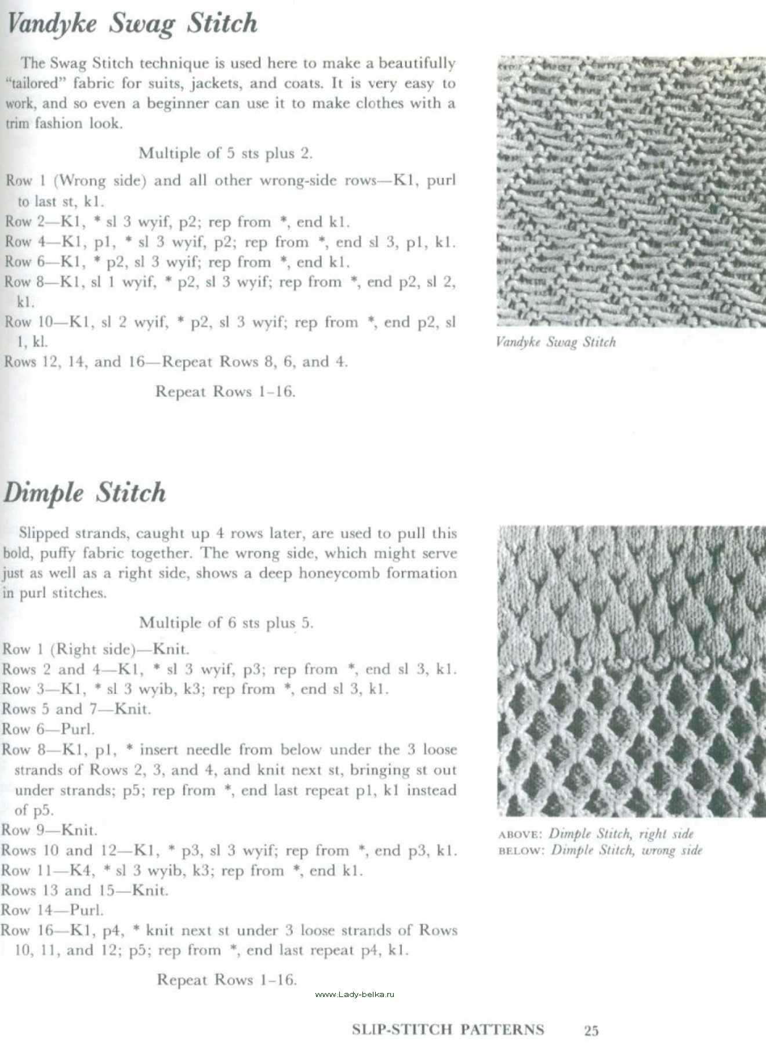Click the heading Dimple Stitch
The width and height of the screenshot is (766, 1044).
point(85,494)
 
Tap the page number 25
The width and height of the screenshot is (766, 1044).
point(591,1030)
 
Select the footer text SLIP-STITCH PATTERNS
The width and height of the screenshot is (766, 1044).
point(448,1029)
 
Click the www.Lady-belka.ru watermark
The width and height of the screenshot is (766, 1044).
point(354,994)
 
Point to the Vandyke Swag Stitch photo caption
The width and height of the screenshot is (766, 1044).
point(556,342)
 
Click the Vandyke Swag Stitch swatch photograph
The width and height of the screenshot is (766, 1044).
point(631,191)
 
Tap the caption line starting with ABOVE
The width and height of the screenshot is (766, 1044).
point(596,834)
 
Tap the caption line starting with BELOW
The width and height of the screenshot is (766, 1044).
point(600,850)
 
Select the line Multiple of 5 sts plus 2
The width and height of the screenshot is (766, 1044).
point(226,154)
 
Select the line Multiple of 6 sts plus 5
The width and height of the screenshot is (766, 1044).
point(226,623)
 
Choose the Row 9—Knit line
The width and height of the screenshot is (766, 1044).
point(49,830)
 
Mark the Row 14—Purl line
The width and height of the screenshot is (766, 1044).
point(52,910)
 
